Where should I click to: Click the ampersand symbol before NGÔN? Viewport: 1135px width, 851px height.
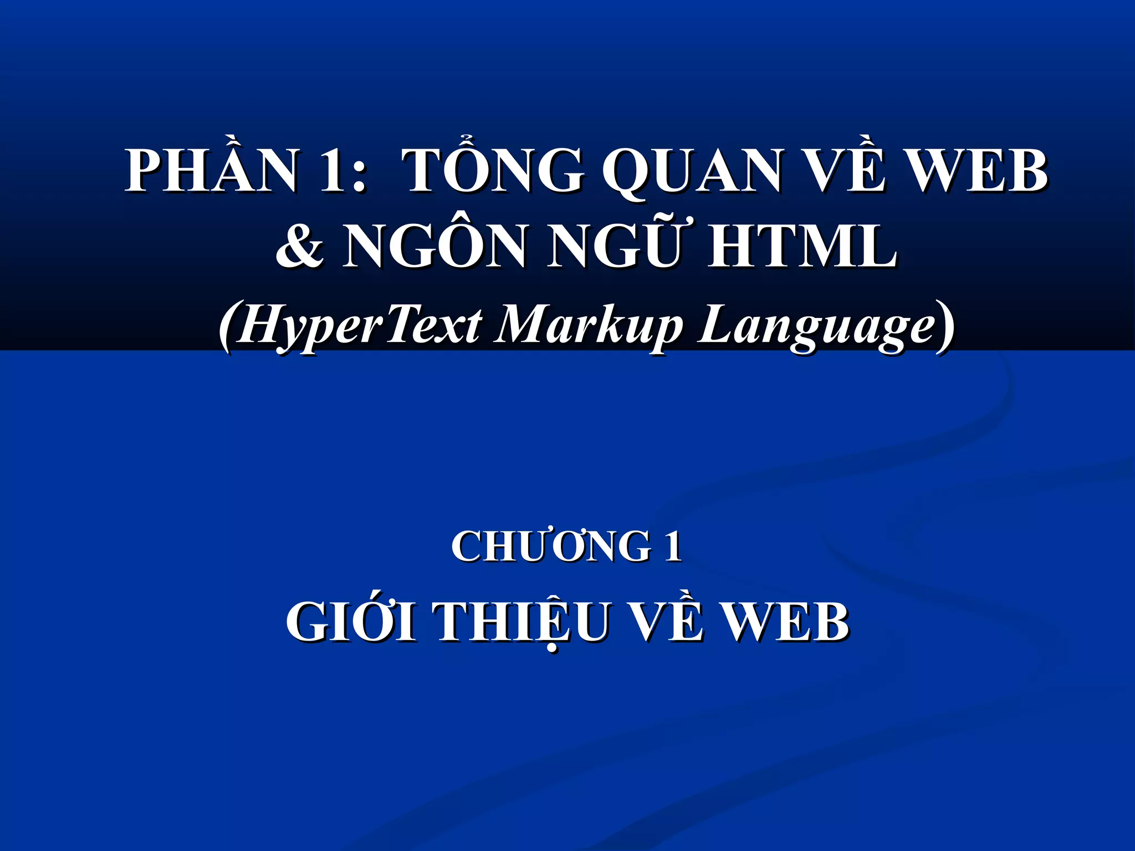coord(300,247)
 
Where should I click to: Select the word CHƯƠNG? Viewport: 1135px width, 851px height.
coord(551,547)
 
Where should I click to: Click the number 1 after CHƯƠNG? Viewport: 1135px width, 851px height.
coord(673,547)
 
